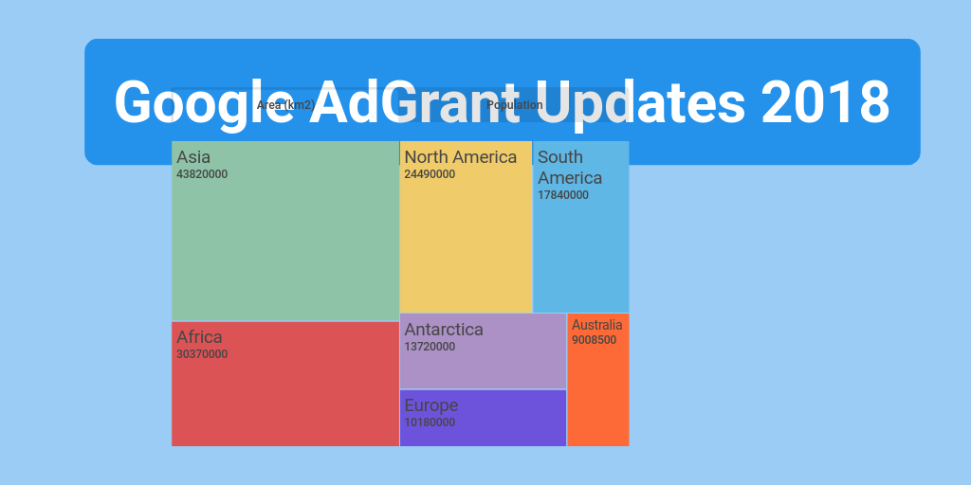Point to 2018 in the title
tap(825, 101)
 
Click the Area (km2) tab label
tap(285, 105)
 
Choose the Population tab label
tap(515, 105)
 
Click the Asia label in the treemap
tap(193, 157)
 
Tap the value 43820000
tap(202, 174)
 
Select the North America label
tap(461, 157)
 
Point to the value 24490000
tap(430, 174)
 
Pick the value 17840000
tap(563, 195)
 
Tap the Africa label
tap(199, 337)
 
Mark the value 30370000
tap(202, 354)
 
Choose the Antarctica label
tap(444, 330)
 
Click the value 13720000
tap(430, 347)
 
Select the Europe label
tap(431, 405)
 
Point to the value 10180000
tap(430, 422)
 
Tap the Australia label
tap(597, 325)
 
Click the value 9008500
tap(595, 340)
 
